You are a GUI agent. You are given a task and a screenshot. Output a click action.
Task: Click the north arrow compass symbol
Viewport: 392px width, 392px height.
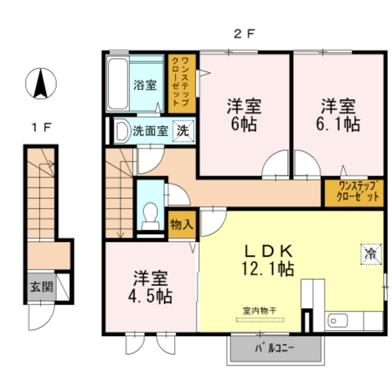pos(41,83)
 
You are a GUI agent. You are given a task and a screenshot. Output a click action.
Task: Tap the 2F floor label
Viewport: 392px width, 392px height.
pos(244,34)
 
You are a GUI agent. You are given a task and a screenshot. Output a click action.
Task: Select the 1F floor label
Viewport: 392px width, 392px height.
pos(42,128)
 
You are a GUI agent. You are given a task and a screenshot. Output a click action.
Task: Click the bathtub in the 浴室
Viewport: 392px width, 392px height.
pos(118,84)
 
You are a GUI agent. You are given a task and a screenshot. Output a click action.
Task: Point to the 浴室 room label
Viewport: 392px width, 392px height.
pos(145,85)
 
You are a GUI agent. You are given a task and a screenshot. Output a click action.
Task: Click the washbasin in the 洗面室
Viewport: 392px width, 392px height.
pos(123,130)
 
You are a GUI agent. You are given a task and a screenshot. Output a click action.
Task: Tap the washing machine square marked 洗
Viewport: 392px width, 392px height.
pos(184,131)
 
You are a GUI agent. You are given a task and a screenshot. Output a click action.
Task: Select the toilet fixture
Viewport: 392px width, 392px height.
pos(150,216)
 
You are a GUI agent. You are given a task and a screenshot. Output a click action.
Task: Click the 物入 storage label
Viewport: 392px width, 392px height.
pos(182,224)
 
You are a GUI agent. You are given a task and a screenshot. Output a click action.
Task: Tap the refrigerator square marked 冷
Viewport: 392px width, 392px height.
pos(371,254)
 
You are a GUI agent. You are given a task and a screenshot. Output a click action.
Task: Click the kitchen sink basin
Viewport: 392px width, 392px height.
pos(337,320)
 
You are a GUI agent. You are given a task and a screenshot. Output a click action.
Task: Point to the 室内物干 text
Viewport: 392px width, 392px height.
pos(260,311)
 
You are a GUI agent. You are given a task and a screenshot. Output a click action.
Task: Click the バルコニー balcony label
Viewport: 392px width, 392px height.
pos(274,348)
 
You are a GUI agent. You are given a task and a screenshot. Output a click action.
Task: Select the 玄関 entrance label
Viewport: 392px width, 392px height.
pos(42,287)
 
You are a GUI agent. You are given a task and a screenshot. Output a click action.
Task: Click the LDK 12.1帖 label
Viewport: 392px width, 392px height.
pos(268,260)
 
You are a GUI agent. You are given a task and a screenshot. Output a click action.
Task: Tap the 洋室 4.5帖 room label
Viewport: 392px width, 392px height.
pos(150,287)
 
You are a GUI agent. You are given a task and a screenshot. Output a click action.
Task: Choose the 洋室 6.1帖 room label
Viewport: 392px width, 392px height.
pos(338,115)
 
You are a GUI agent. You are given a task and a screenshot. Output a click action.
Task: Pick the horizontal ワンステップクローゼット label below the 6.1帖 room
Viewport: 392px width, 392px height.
pos(358,192)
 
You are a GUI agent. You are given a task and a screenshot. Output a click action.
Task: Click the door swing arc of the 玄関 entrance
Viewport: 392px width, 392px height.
pos(47,323)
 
